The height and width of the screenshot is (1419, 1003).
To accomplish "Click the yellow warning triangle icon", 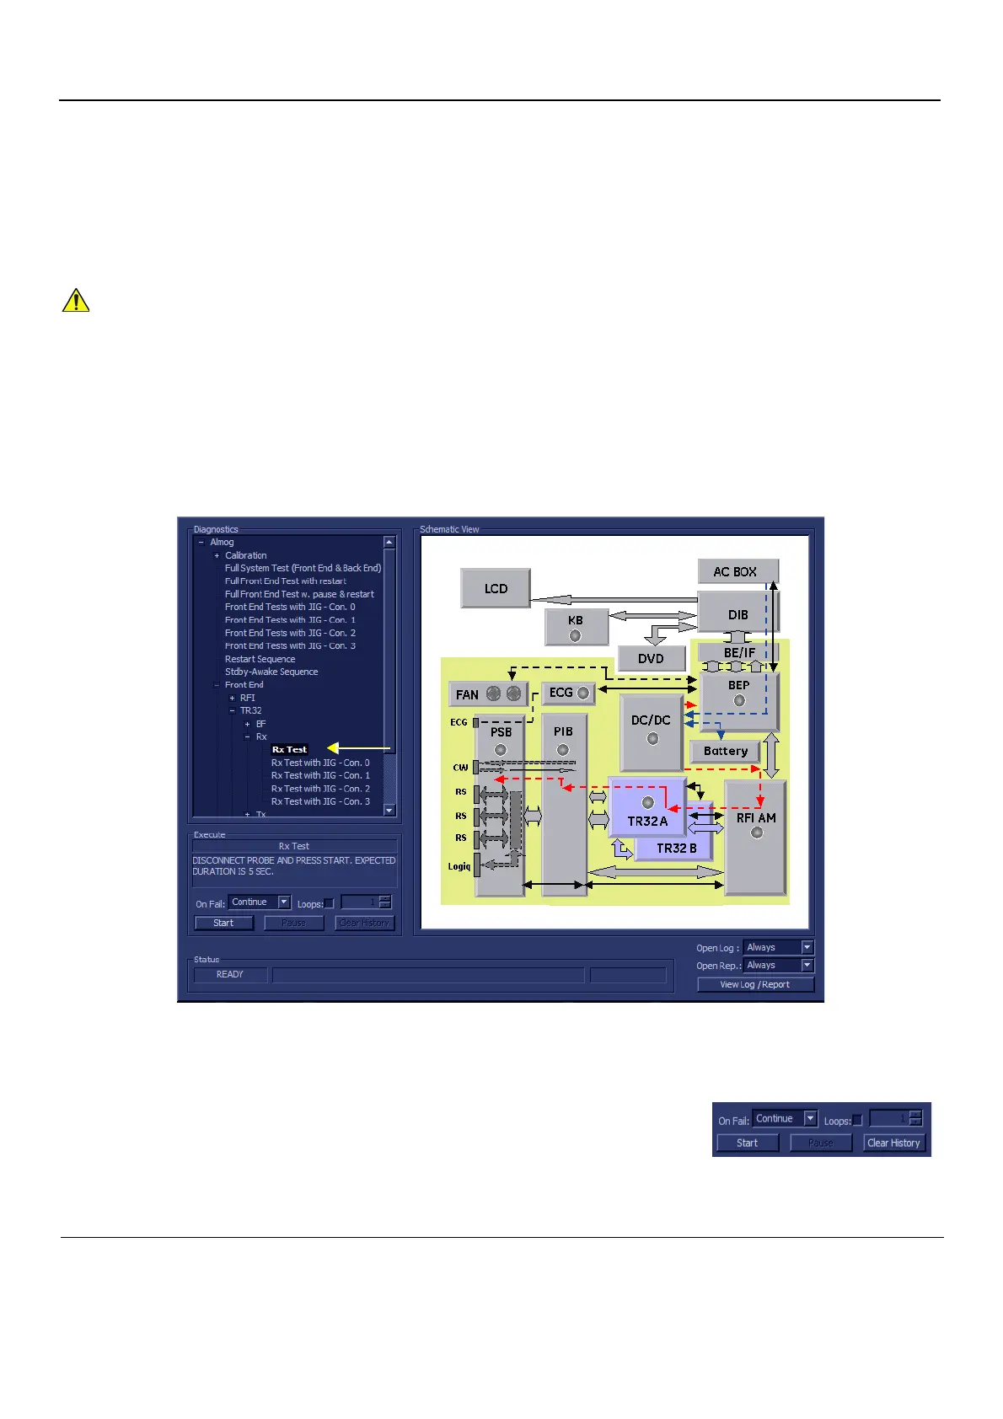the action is (x=76, y=300).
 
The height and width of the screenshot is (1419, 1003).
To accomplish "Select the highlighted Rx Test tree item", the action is (x=289, y=749).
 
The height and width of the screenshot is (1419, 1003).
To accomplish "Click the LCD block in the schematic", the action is (x=496, y=588).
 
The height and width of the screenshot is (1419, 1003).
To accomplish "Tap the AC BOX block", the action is (x=736, y=571).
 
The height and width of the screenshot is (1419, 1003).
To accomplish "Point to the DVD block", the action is (x=651, y=658).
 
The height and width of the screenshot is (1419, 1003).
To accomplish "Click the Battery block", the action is (x=725, y=751).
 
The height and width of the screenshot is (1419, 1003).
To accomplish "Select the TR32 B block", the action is (x=677, y=848).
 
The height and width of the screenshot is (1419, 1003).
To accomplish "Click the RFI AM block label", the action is (x=756, y=817).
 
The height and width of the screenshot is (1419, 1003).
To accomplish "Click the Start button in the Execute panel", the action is (x=223, y=923).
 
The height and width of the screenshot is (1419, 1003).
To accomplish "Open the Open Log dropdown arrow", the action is (x=807, y=947).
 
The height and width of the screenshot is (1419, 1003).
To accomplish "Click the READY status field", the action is (x=230, y=974).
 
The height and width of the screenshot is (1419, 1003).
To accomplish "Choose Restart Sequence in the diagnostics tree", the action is (x=260, y=659).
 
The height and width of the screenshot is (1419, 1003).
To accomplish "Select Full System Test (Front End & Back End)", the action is (x=303, y=568).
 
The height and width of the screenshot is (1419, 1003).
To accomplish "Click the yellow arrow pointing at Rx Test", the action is (x=359, y=748).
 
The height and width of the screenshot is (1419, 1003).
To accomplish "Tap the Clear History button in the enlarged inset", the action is (x=893, y=1143).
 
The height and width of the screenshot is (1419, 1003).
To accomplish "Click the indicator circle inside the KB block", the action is (x=575, y=635).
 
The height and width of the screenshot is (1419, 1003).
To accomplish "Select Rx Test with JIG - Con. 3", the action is (x=320, y=801).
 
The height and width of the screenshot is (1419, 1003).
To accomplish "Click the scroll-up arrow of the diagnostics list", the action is (x=389, y=543).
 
